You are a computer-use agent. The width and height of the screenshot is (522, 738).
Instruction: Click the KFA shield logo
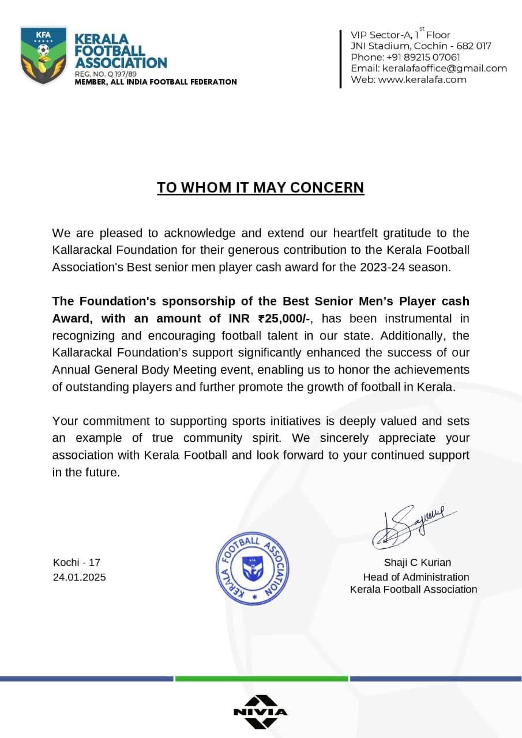click(43, 55)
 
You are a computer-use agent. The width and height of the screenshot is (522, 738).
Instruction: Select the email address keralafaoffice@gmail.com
click(445, 68)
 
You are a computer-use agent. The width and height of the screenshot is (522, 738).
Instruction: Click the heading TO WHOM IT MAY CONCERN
click(261, 187)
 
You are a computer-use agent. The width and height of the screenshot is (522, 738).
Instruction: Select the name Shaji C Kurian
click(418, 563)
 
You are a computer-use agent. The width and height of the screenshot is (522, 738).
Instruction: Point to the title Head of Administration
click(416, 577)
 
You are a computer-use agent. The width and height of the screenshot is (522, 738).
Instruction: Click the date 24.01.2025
click(79, 577)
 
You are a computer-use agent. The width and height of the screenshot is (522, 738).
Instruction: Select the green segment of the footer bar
click(261, 679)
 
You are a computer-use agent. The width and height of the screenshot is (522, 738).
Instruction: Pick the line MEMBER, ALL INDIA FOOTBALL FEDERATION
click(156, 82)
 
